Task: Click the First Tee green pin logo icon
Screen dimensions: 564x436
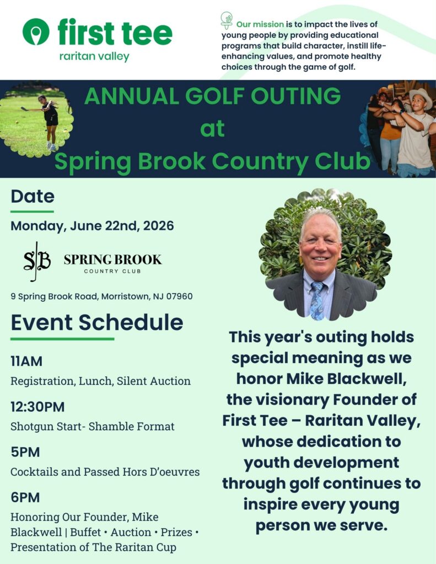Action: click(36, 31)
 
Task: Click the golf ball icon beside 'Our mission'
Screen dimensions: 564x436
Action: click(227, 20)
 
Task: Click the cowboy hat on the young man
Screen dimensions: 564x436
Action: click(420, 95)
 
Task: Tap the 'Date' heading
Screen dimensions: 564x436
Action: click(33, 197)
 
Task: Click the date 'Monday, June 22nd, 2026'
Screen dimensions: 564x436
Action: click(92, 225)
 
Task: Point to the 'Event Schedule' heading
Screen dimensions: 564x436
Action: click(97, 322)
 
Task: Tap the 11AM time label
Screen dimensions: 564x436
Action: click(26, 362)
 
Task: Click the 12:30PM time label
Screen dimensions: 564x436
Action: click(37, 407)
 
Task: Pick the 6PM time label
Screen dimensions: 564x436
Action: click(25, 497)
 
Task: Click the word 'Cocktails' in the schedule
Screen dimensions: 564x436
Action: click(31, 472)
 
